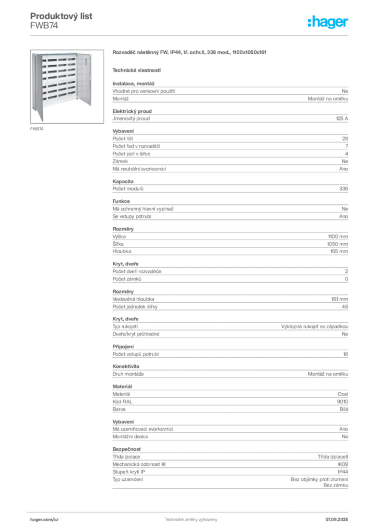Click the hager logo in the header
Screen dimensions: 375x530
click(327, 22)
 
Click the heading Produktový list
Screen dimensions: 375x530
click(61, 16)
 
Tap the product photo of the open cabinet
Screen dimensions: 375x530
click(67, 86)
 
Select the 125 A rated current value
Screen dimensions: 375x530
click(342, 119)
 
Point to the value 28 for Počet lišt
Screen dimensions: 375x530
click(345, 139)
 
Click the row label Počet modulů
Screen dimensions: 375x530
click(128, 188)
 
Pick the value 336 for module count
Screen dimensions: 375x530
click(343, 188)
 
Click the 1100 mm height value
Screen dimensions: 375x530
click(338, 237)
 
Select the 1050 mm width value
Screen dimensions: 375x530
click(337, 244)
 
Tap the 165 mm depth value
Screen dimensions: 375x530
click(339, 252)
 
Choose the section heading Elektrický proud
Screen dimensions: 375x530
click(132, 111)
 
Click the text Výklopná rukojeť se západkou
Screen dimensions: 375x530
click(314, 327)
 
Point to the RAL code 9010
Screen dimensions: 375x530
click(342, 402)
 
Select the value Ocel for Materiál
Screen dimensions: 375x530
click(343, 394)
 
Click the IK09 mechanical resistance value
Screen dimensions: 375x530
click(342, 464)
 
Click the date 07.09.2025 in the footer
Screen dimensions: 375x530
click(337, 520)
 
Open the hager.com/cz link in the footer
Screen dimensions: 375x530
click(45, 520)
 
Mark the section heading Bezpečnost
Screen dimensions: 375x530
click(126, 449)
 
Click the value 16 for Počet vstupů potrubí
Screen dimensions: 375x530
click(345, 354)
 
